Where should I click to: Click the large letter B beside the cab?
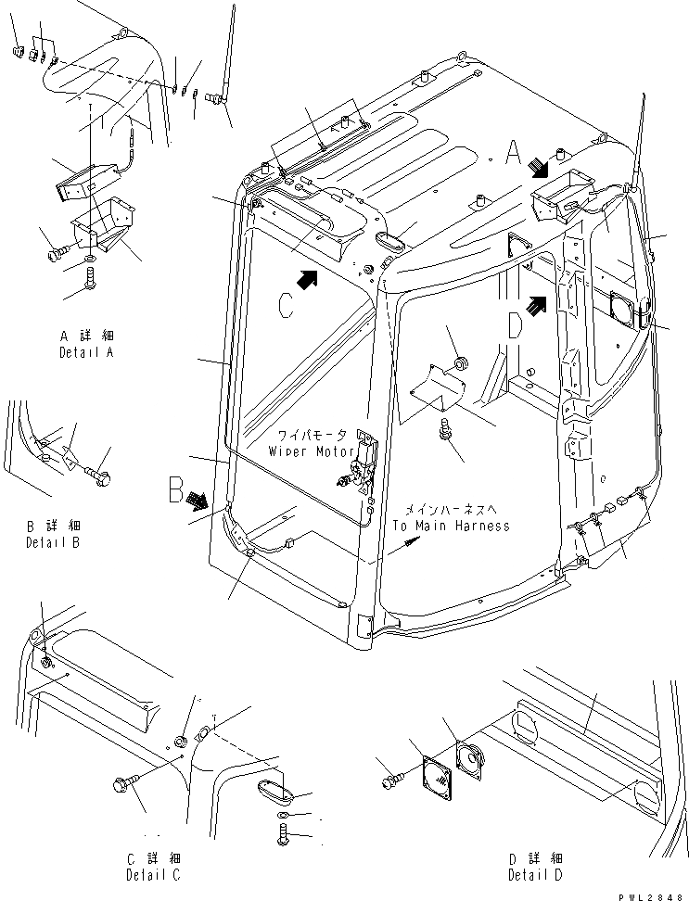[176, 489]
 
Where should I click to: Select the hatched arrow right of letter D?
[534, 304]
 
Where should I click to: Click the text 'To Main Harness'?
[451, 526]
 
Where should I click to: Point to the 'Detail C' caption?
[153, 875]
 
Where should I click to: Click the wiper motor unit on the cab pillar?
[361, 464]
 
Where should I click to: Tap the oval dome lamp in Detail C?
[275, 796]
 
